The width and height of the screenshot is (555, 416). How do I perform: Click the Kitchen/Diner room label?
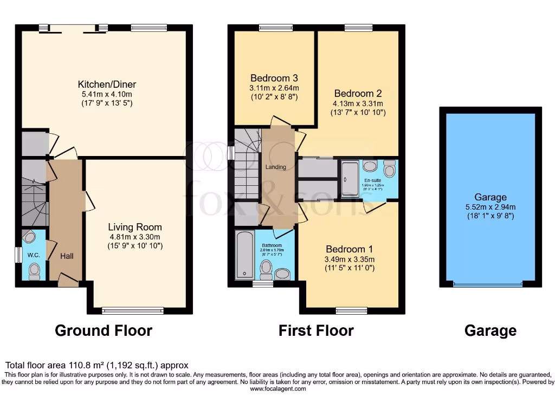click(107, 84)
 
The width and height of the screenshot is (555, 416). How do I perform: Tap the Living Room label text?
click(134, 227)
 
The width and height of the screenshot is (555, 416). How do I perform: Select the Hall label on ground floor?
click(67, 256)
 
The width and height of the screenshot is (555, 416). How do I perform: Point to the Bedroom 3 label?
click(274, 77)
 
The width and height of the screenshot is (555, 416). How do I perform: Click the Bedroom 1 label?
click(350, 249)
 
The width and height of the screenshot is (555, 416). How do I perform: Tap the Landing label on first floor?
click(275, 167)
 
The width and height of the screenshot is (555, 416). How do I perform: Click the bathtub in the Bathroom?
click(244, 255)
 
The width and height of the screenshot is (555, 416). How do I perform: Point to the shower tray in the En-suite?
click(350, 179)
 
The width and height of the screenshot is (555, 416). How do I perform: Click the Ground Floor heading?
click(104, 330)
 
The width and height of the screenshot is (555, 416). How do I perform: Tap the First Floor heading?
click(316, 330)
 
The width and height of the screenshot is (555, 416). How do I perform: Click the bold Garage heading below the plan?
click(491, 330)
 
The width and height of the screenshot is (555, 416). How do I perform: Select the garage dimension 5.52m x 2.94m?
click(491, 207)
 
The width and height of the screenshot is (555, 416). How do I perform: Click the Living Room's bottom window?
click(132, 310)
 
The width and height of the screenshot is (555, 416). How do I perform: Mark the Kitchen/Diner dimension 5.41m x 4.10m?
click(107, 94)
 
